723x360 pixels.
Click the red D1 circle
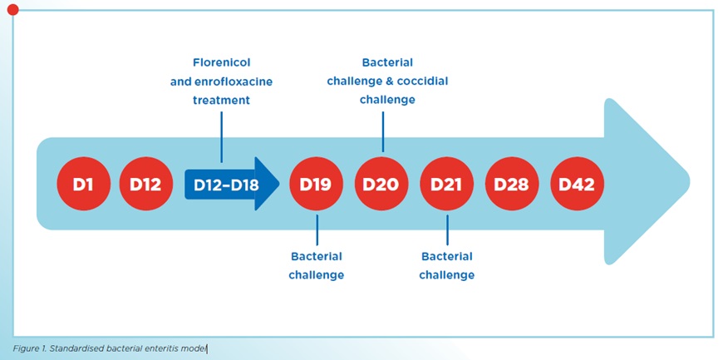pos(83,184)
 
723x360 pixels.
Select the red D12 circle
pos(145,184)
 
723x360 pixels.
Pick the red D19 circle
pos(317,184)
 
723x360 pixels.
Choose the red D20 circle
pos(382,184)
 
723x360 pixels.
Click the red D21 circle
pos(447,184)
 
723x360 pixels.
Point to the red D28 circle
pos(512,184)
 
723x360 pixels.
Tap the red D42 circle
pos(577,184)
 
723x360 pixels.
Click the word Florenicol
pos(221,62)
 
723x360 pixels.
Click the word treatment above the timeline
pos(221,100)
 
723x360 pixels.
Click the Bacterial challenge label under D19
pos(317,265)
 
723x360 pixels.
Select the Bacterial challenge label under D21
pos(447,265)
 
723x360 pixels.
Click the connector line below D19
pos(317,228)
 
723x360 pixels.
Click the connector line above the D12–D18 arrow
pos(221,135)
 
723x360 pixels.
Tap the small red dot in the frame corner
pos(12,9)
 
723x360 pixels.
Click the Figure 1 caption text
pos(109,348)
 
